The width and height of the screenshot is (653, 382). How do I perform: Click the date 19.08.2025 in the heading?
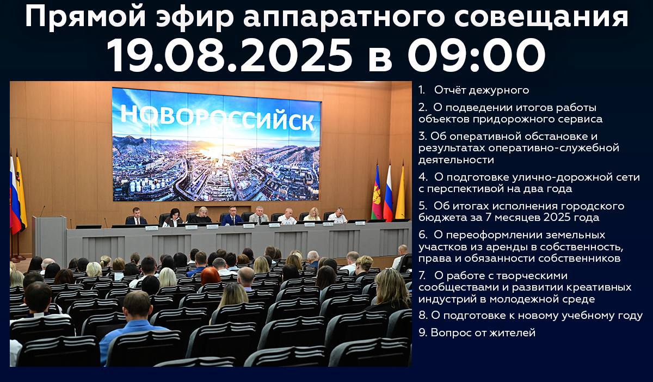coord(230,56)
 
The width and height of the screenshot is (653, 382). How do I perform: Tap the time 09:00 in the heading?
coord(476,56)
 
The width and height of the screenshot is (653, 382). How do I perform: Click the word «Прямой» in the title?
coord(85,17)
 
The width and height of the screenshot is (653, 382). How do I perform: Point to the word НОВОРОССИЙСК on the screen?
coord(218,117)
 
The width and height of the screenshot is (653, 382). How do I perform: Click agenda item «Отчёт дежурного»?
coord(482,90)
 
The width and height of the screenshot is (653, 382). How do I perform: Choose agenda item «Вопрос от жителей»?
coord(483,332)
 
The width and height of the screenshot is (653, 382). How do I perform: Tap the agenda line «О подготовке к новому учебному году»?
coord(537,316)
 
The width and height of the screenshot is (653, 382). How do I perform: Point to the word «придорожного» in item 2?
coord(513,119)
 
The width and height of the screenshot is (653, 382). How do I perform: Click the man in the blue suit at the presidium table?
coord(232,217)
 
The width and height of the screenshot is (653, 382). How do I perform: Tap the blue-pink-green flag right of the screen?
coord(377,193)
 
